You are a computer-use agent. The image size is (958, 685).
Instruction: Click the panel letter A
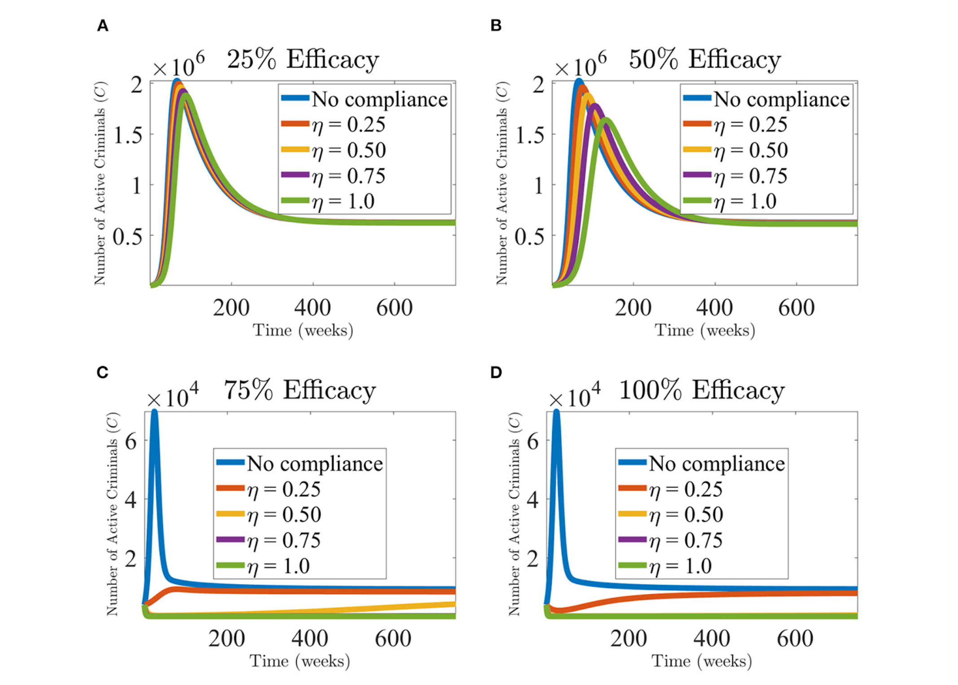103,26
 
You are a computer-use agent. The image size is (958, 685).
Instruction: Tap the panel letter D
496,373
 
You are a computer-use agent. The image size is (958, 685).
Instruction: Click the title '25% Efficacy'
303,59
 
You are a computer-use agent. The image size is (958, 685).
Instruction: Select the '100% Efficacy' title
702,390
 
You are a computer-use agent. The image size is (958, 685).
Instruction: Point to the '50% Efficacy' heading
705,59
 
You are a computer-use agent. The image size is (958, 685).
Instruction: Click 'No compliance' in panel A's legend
379,99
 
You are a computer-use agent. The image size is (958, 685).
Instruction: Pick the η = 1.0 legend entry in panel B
745,201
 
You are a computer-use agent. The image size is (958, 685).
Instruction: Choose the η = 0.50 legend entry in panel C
284,514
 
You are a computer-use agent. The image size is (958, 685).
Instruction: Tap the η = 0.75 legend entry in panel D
685,540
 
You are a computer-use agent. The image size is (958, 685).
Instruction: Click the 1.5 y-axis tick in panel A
127,135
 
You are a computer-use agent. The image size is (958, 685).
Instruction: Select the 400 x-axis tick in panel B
714,308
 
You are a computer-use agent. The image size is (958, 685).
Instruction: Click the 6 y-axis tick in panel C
131,442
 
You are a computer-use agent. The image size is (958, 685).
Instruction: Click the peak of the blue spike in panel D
556,411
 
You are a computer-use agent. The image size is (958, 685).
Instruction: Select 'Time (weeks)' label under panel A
303,331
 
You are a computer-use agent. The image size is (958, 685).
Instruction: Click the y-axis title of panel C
112,514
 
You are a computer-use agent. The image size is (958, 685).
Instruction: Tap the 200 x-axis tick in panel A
231,308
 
